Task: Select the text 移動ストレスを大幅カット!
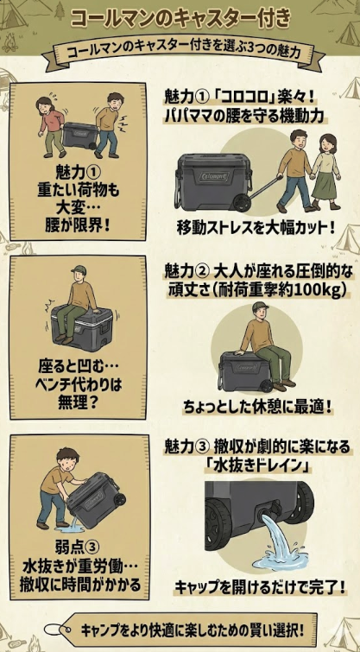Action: point(255,229)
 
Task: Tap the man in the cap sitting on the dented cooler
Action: point(82,298)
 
